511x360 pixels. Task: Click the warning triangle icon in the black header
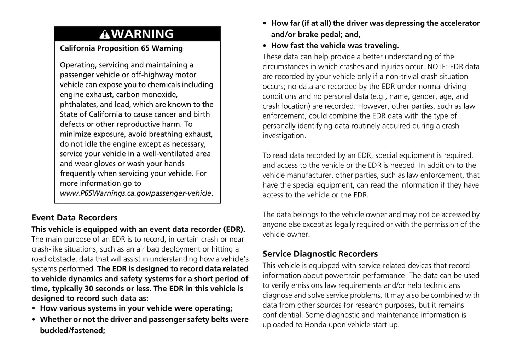tap(105, 34)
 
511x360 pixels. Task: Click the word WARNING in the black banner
tap(143, 34)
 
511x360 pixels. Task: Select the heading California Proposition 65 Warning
tap(121, 48)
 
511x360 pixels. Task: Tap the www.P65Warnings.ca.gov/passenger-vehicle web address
tap(135, 193)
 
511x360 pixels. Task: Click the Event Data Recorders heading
tap(74, 218)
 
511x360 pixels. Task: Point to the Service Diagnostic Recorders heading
tap(320, 254)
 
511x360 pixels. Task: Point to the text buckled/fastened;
tap(72, 331)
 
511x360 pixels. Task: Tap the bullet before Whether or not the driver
tap(34, 320)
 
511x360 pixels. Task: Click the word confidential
tap(282, 315)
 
